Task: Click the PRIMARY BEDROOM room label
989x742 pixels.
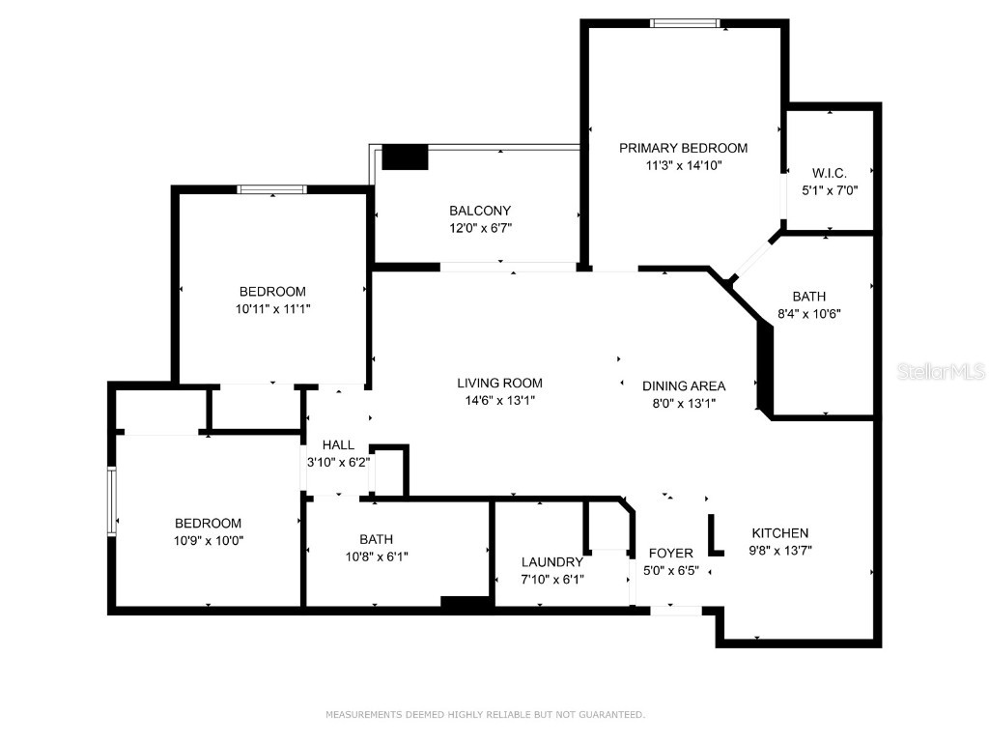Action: (x=683, y=148)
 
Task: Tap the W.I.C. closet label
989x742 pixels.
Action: (x=830, y=173)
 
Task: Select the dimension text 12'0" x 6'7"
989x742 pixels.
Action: (x=480, y=228)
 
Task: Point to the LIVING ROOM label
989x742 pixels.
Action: (x=500, y=383)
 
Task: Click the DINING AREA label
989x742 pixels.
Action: (x=684, y=385)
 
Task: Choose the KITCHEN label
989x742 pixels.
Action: (x=780, y=532)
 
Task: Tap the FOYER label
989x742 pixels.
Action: (x=670, y=553)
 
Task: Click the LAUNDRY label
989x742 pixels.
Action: (x=552, y=561)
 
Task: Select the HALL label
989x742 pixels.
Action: (x=338, y=444)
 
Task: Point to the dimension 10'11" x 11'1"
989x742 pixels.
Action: (x=272, y=309)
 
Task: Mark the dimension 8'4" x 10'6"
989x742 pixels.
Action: (x=809, y=313)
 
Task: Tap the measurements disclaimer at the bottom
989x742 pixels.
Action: (x=485, y=715)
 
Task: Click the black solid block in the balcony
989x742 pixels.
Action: (x=405, y=157)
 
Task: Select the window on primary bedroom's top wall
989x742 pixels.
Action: (x=685, y=23)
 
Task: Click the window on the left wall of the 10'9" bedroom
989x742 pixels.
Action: (x=112, y=499)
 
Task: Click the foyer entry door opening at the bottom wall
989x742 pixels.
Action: (x=675, y=610)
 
